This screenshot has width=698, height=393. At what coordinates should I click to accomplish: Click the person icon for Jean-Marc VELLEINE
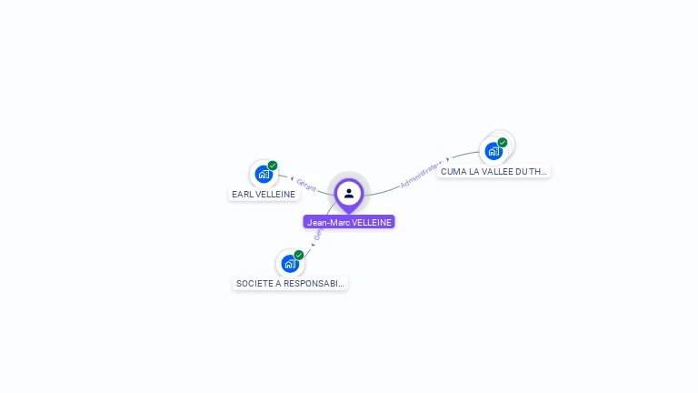point(349,193)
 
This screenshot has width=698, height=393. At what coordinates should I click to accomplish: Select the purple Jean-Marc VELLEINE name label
point(349,222)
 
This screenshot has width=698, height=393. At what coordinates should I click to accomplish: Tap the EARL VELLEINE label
point(264,194)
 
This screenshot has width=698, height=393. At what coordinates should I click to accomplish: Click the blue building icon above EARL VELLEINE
point(264,174)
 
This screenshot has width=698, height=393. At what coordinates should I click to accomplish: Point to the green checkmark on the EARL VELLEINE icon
point(273,166)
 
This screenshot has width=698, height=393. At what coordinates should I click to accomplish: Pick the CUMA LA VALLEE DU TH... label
point(494,171)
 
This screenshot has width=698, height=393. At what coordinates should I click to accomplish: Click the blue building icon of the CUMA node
point(494,151)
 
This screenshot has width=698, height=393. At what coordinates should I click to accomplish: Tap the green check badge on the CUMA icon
point(503,143)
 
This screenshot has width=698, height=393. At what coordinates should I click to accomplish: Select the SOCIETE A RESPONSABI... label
point(290,283)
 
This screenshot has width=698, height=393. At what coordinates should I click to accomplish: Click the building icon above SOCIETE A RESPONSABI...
point(290,264)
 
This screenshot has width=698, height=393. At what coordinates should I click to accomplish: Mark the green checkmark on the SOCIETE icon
point(299,256)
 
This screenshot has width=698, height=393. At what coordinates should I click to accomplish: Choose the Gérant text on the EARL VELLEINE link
point(306,186)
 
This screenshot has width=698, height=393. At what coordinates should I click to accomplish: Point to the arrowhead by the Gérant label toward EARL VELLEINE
point(292,180)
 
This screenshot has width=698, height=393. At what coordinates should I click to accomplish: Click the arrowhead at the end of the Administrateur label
point(447,158)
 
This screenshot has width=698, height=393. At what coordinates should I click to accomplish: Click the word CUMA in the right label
point(454,171)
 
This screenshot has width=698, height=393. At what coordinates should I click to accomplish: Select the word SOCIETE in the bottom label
point(254,283)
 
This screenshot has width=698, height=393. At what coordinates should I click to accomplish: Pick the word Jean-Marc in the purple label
point(325,222)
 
